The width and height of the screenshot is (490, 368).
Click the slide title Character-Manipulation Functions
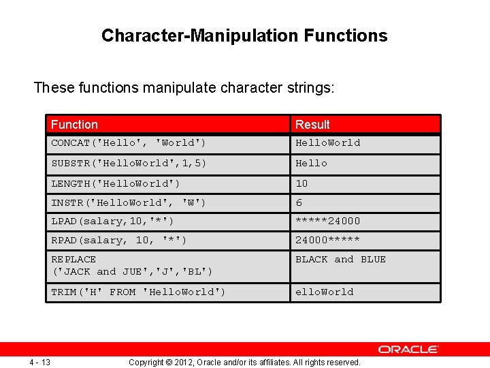(x=244, y=35)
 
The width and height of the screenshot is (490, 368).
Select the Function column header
(x=74, y=125)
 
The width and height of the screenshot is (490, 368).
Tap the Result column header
(x=312, y=125)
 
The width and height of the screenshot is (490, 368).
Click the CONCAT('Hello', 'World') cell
(x=129, y=143)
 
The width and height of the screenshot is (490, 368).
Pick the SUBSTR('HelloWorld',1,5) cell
(x=129, y=164)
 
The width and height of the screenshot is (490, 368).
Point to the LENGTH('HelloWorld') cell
(x=116, y=183)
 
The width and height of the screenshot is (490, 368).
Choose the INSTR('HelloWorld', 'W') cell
(x=129, y=202)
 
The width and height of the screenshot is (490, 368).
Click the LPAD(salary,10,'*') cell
(x=112, y=221)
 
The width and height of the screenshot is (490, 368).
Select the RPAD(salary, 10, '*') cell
(x=119, y=240)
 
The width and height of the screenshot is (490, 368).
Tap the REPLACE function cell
(x=131, y=265)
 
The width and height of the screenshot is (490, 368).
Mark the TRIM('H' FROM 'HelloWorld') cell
(x=138, y=292)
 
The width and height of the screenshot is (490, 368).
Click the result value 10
(x=301, y=183)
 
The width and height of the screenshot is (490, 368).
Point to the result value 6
(x=299, y=202)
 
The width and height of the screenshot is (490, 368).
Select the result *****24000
(x=327, y=221)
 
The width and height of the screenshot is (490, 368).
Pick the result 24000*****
(x=327, y=240)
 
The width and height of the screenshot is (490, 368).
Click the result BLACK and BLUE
(x=340, y=260)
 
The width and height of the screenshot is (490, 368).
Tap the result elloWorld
(x=324, y=292)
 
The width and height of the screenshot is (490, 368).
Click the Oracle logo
(x=408, y=349)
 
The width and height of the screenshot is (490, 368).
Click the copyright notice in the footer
(x=244, y=363)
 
